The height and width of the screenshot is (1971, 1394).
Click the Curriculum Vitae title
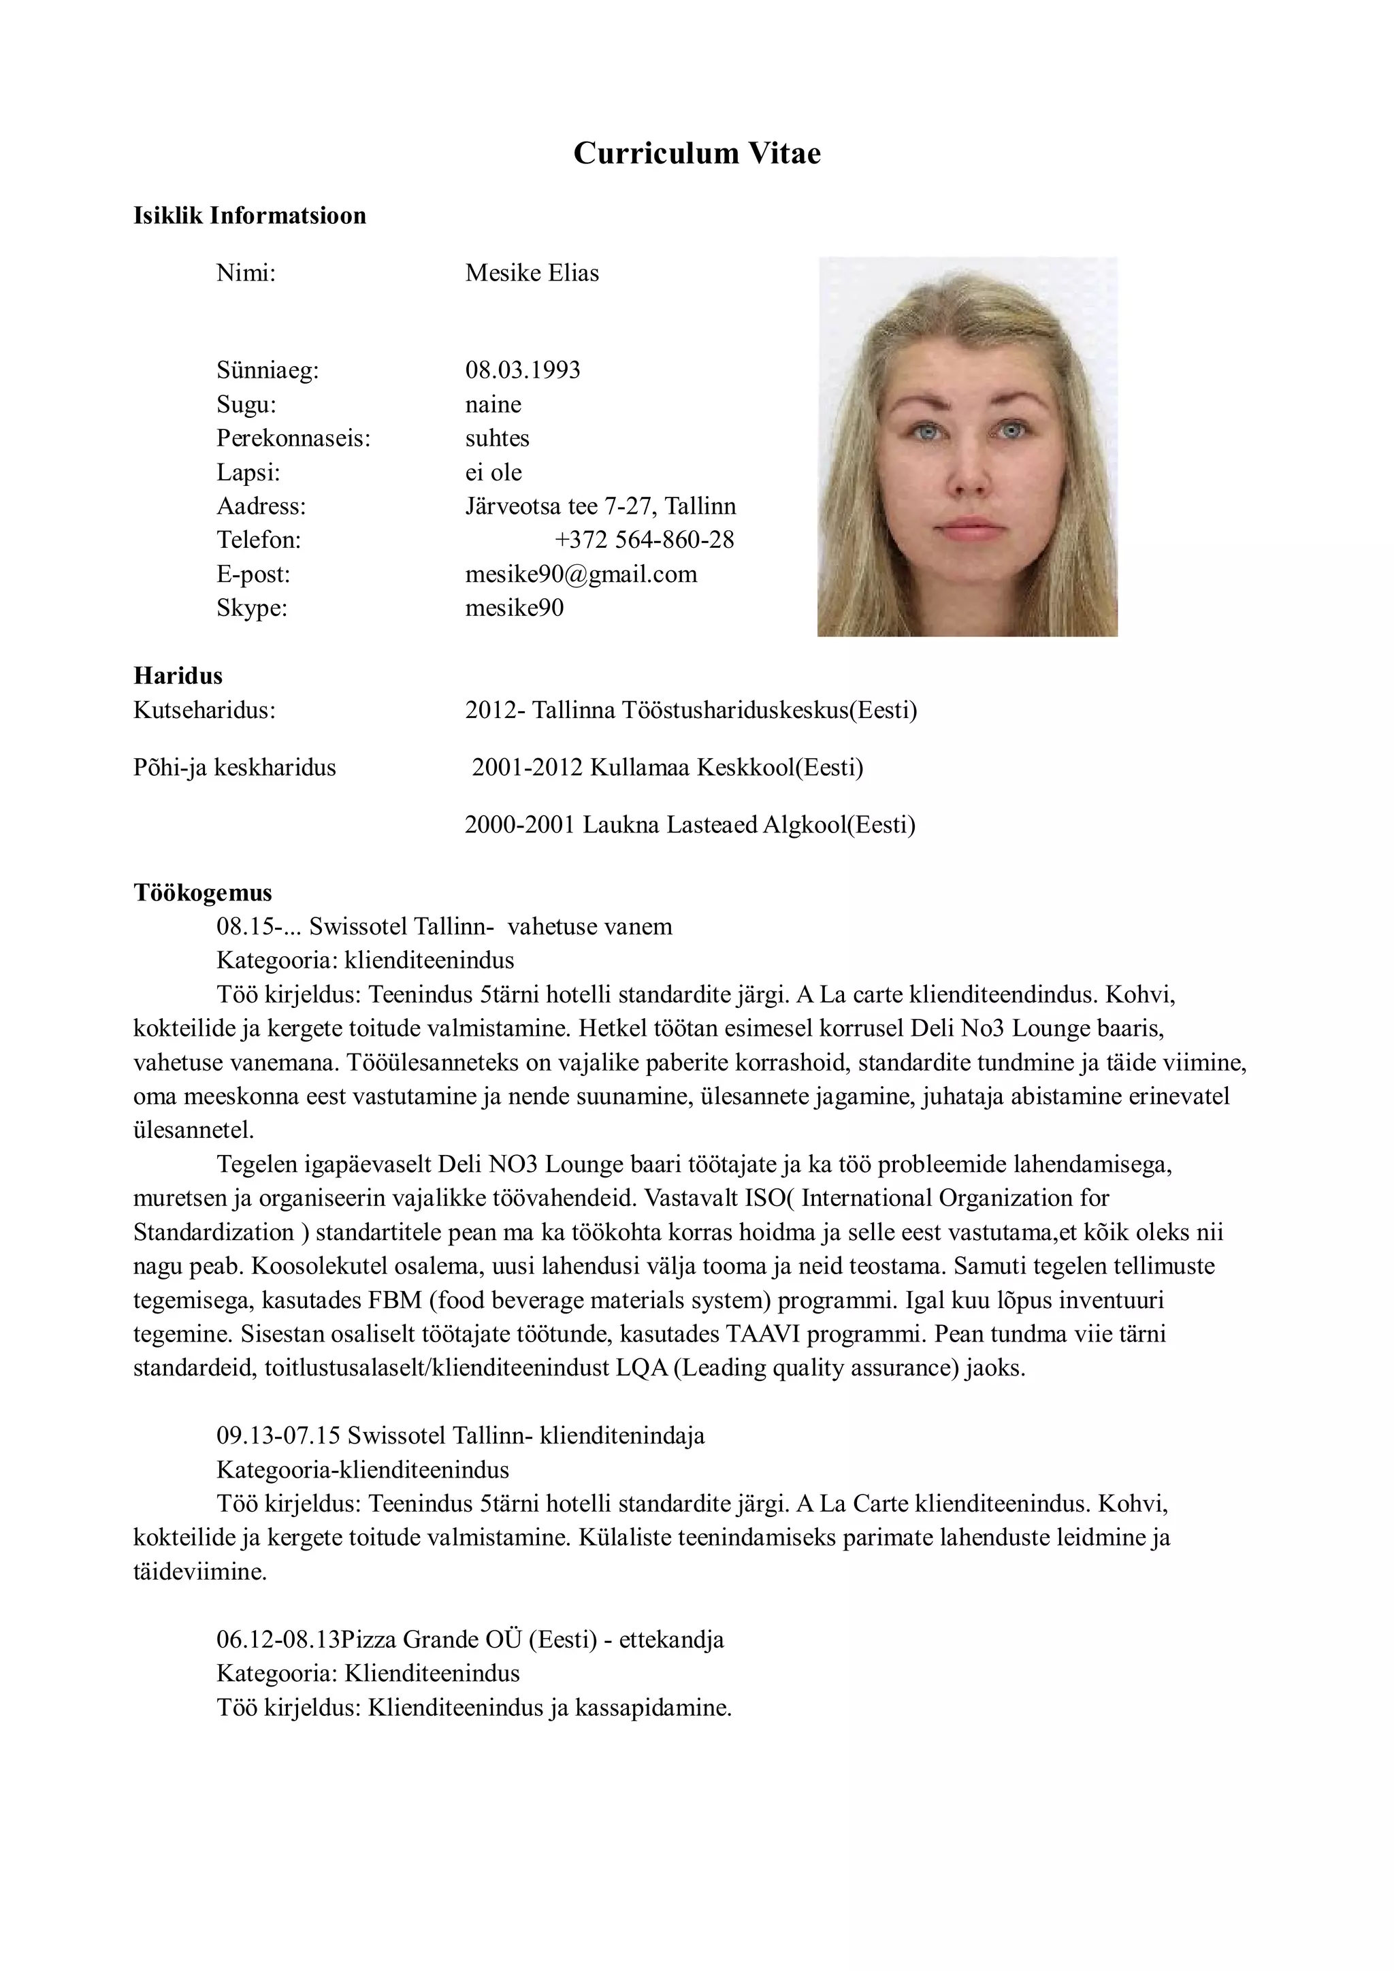pos(696,153)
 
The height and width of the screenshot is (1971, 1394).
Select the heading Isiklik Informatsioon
pos(250,216)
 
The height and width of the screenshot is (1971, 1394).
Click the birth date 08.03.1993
pos(522,370)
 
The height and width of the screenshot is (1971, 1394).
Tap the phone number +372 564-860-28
pos(644,540)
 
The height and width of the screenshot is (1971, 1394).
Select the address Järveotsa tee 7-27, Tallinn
pos(600,506)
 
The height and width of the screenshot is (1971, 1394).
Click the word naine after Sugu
pos(493,404)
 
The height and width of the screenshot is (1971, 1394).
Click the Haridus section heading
pos(178,676)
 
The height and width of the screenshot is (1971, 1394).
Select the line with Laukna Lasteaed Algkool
pos(690,824)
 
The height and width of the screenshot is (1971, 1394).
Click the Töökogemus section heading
pos(203,893)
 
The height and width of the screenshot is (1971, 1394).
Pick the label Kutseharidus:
pos(204,710)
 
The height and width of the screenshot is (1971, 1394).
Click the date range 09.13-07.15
pos(278,1435)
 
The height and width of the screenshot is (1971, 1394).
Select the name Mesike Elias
pos(532,273)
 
